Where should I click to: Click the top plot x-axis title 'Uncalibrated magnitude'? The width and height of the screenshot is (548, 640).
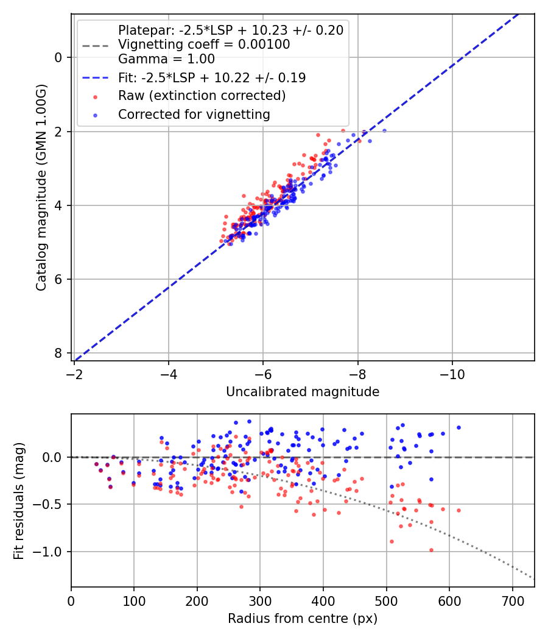[x=303, y=392]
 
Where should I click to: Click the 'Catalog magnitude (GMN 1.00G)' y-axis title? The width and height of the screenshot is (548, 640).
[x=41, y=187]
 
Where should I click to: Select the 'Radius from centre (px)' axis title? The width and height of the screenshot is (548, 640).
[x=303, y=619]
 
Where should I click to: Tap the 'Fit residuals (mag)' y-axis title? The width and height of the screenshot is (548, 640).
[x=19, y=500]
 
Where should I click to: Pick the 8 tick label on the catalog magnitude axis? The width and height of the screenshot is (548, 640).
[x=58, y=353]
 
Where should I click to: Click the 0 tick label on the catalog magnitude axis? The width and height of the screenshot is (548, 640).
[x=58, y=57]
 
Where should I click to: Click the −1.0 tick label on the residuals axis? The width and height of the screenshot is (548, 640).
[x=51, y=552]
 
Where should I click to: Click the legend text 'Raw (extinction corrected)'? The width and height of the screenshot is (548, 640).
[x=202, y=96]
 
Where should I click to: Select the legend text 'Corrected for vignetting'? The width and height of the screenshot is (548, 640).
[x=194, y=114]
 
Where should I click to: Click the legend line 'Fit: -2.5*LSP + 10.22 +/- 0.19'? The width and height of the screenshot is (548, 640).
[x=94, y=78]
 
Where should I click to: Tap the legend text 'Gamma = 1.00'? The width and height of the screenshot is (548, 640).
[x=166, y=59]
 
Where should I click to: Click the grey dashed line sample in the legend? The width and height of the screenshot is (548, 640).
[x=94, y=45]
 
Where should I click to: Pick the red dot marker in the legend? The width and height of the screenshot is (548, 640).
[x=94, y=96]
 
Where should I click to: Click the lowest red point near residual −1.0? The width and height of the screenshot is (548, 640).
[x=431, y=550]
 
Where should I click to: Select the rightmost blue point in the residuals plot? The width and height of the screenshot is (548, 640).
[x=458, y=427]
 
